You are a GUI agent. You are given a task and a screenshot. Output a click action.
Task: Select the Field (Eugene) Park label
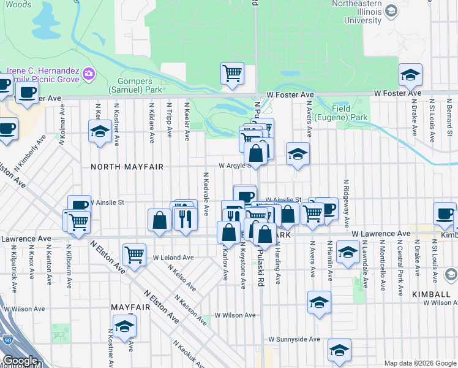click(350, 113)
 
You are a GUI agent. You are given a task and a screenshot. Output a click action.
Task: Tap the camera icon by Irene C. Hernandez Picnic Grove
click(89, 74)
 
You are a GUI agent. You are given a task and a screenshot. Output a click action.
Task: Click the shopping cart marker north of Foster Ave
click(233, 74)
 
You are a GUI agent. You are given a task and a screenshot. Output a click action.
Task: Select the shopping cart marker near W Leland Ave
click(134, 254)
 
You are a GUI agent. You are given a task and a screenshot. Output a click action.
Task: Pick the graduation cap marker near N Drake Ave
click(410, 75)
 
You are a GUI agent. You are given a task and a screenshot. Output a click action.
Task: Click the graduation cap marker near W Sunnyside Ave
click(339, 350)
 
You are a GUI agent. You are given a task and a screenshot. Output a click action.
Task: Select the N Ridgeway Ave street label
click(346, 203)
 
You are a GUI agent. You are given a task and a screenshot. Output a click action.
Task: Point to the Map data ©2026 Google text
click(419, 363)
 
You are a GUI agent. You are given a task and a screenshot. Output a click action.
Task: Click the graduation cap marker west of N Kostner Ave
click(99, 131)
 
